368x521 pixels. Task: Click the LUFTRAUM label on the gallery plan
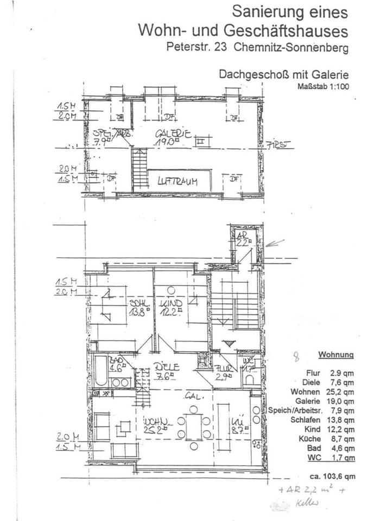point(177,182)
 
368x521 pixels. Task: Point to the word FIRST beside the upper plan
point(280,145)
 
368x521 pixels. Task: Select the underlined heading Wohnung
point(336,354)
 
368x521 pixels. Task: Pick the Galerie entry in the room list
point(311,401)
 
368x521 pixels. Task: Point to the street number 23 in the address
point(222,47)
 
